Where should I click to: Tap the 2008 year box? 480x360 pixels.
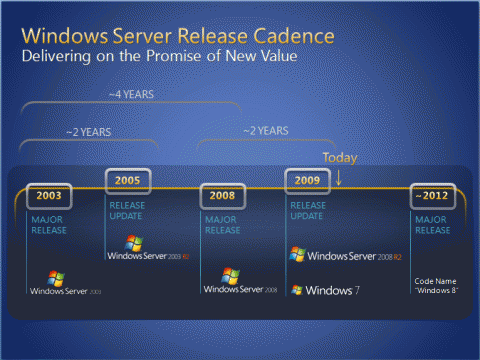click(222, 196)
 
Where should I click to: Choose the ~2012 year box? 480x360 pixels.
click(432, 196)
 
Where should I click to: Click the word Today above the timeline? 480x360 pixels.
click(339, 158)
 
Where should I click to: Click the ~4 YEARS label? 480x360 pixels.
click(131, 95)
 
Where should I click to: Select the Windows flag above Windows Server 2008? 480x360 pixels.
click(231, 275)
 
